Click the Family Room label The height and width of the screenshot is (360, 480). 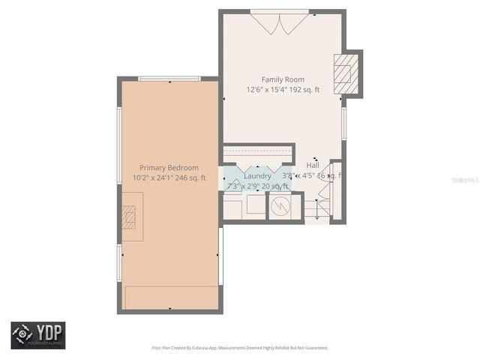(283, 79)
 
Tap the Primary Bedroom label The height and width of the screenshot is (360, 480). (169, 168)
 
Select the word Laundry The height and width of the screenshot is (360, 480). (257, 175)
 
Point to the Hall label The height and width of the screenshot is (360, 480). (313, 165)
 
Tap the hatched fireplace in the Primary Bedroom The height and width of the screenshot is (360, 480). (130, 216)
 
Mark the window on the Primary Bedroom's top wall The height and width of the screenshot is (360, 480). (169, 78)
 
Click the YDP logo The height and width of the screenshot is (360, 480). (37, 335)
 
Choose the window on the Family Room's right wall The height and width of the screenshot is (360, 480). (344, 123)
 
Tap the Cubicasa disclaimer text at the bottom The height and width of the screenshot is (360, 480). (239, 348)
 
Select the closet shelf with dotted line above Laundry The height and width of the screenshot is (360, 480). (257, 153)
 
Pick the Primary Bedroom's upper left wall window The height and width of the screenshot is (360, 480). (119, 145)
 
